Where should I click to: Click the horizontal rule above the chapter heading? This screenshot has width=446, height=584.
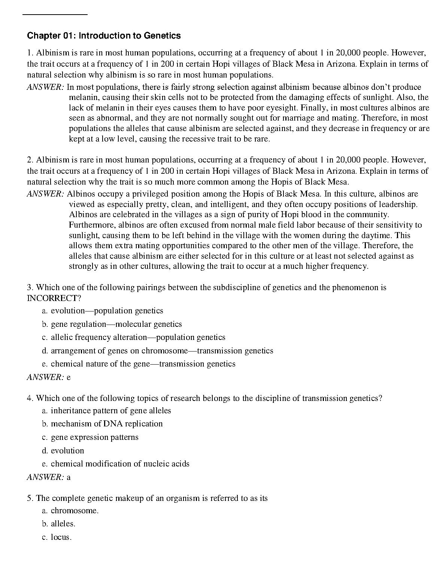click(55, 15)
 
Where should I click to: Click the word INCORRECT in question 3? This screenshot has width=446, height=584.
click(52, 298)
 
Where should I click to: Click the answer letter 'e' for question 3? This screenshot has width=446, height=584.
click(69, 377)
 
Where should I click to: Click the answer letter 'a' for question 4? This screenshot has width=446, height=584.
click(69, 477)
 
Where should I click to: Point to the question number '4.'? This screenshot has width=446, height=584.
click(30, 398)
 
